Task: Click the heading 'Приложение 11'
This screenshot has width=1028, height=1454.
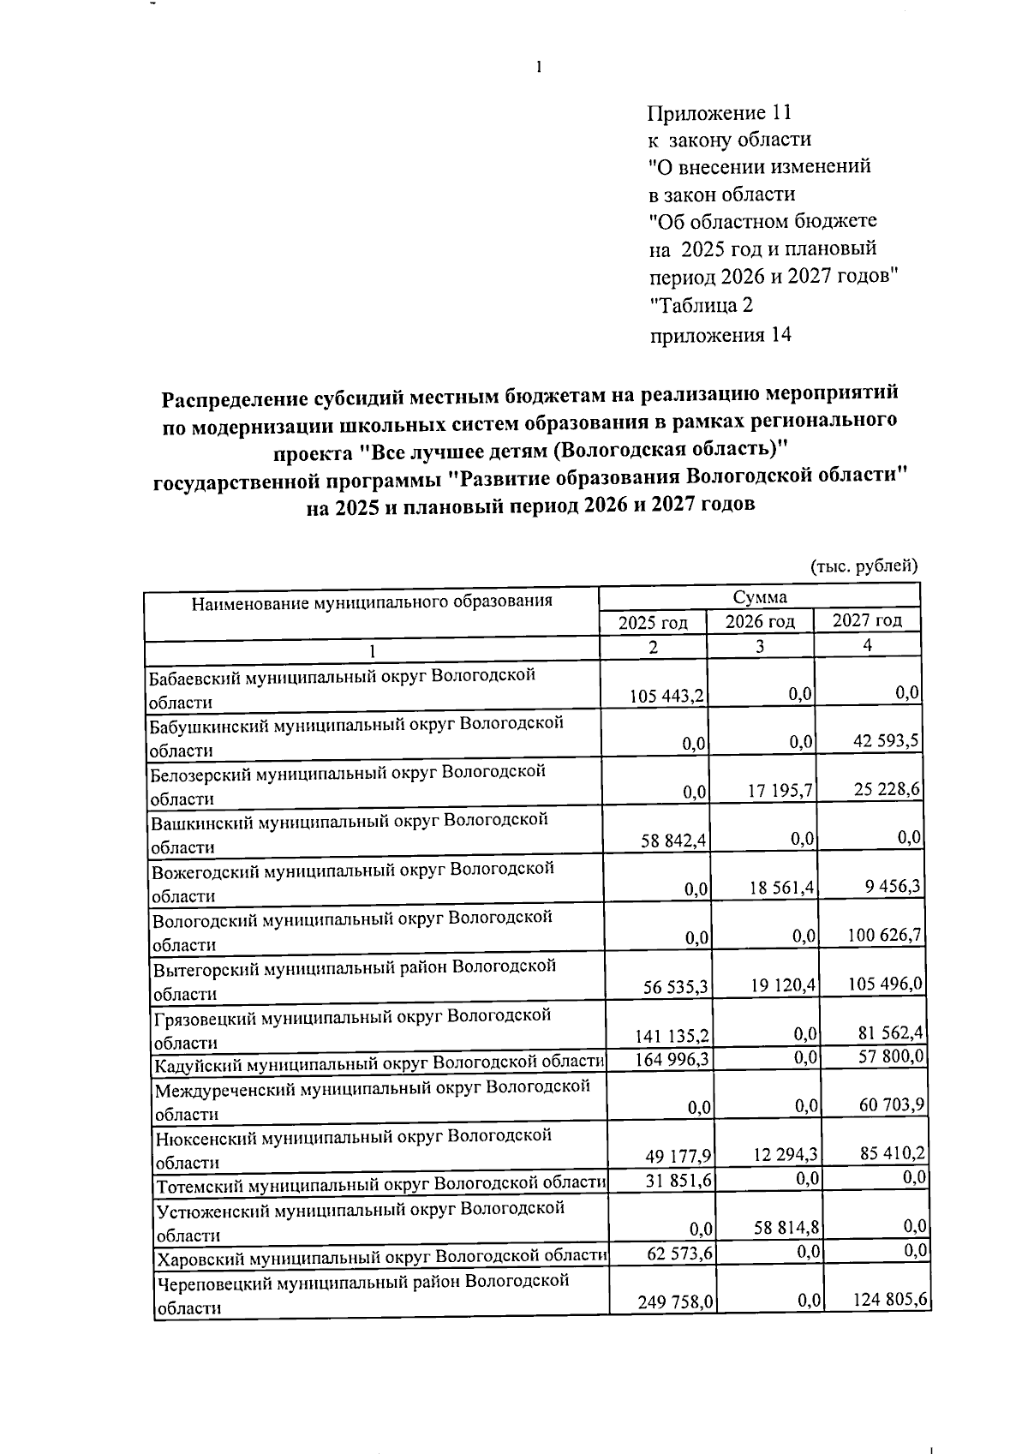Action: click(x=720, y=113)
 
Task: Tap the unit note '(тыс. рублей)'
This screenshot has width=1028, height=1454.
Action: click(x=864, y=565)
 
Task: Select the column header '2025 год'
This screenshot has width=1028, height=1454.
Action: click(x=653, y=623)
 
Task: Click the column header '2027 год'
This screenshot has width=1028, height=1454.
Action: click(x=867, y=620)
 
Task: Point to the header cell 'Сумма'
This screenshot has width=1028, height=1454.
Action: click(x=759, y=597)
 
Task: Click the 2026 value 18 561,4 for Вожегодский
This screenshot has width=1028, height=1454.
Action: click(x=781, y=889)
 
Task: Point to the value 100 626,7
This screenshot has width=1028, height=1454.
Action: click(x=885, y=935)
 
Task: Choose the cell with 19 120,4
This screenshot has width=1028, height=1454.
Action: click(x=784, y=985)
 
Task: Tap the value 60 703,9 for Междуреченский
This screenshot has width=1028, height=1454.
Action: click(x=892, y=1105)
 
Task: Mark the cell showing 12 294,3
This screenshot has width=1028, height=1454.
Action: click(x=786, y=1156)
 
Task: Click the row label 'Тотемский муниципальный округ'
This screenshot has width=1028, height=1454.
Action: click(x=380, y=1187)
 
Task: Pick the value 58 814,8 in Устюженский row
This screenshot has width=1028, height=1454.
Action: click(x=787, y=1228)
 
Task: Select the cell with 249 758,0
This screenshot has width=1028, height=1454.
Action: click(x=677, y=1302)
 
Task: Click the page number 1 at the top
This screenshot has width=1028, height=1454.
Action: click(x=538, y=68)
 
